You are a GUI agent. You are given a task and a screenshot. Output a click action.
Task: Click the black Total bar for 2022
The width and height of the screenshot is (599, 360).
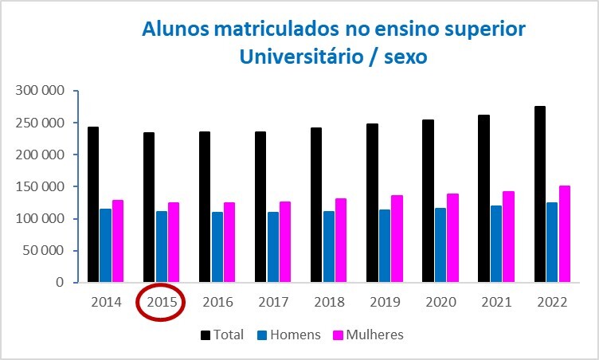click(539, 194)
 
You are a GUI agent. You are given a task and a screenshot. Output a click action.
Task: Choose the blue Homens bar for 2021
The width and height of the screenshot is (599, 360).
click(495, 244)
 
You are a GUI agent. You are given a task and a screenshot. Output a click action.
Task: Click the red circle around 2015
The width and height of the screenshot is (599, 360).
click(162, 302)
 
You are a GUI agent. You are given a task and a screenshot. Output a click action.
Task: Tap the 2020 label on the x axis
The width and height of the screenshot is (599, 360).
click(440, 302)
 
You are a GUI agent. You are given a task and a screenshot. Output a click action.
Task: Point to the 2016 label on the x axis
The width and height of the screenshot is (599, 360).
click(217, 302)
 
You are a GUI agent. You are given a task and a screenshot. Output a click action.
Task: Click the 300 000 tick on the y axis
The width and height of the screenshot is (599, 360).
click(41, 91)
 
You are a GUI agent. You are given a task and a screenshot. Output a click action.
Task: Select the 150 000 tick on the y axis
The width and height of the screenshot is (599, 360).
click(41, 186)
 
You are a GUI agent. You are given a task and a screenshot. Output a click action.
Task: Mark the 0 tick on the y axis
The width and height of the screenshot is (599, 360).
click(59, 282)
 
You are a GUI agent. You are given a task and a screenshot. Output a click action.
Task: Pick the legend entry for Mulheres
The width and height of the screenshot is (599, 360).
click(374, 335)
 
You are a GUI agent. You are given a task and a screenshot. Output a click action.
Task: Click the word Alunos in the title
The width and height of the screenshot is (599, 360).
click(175, 29)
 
